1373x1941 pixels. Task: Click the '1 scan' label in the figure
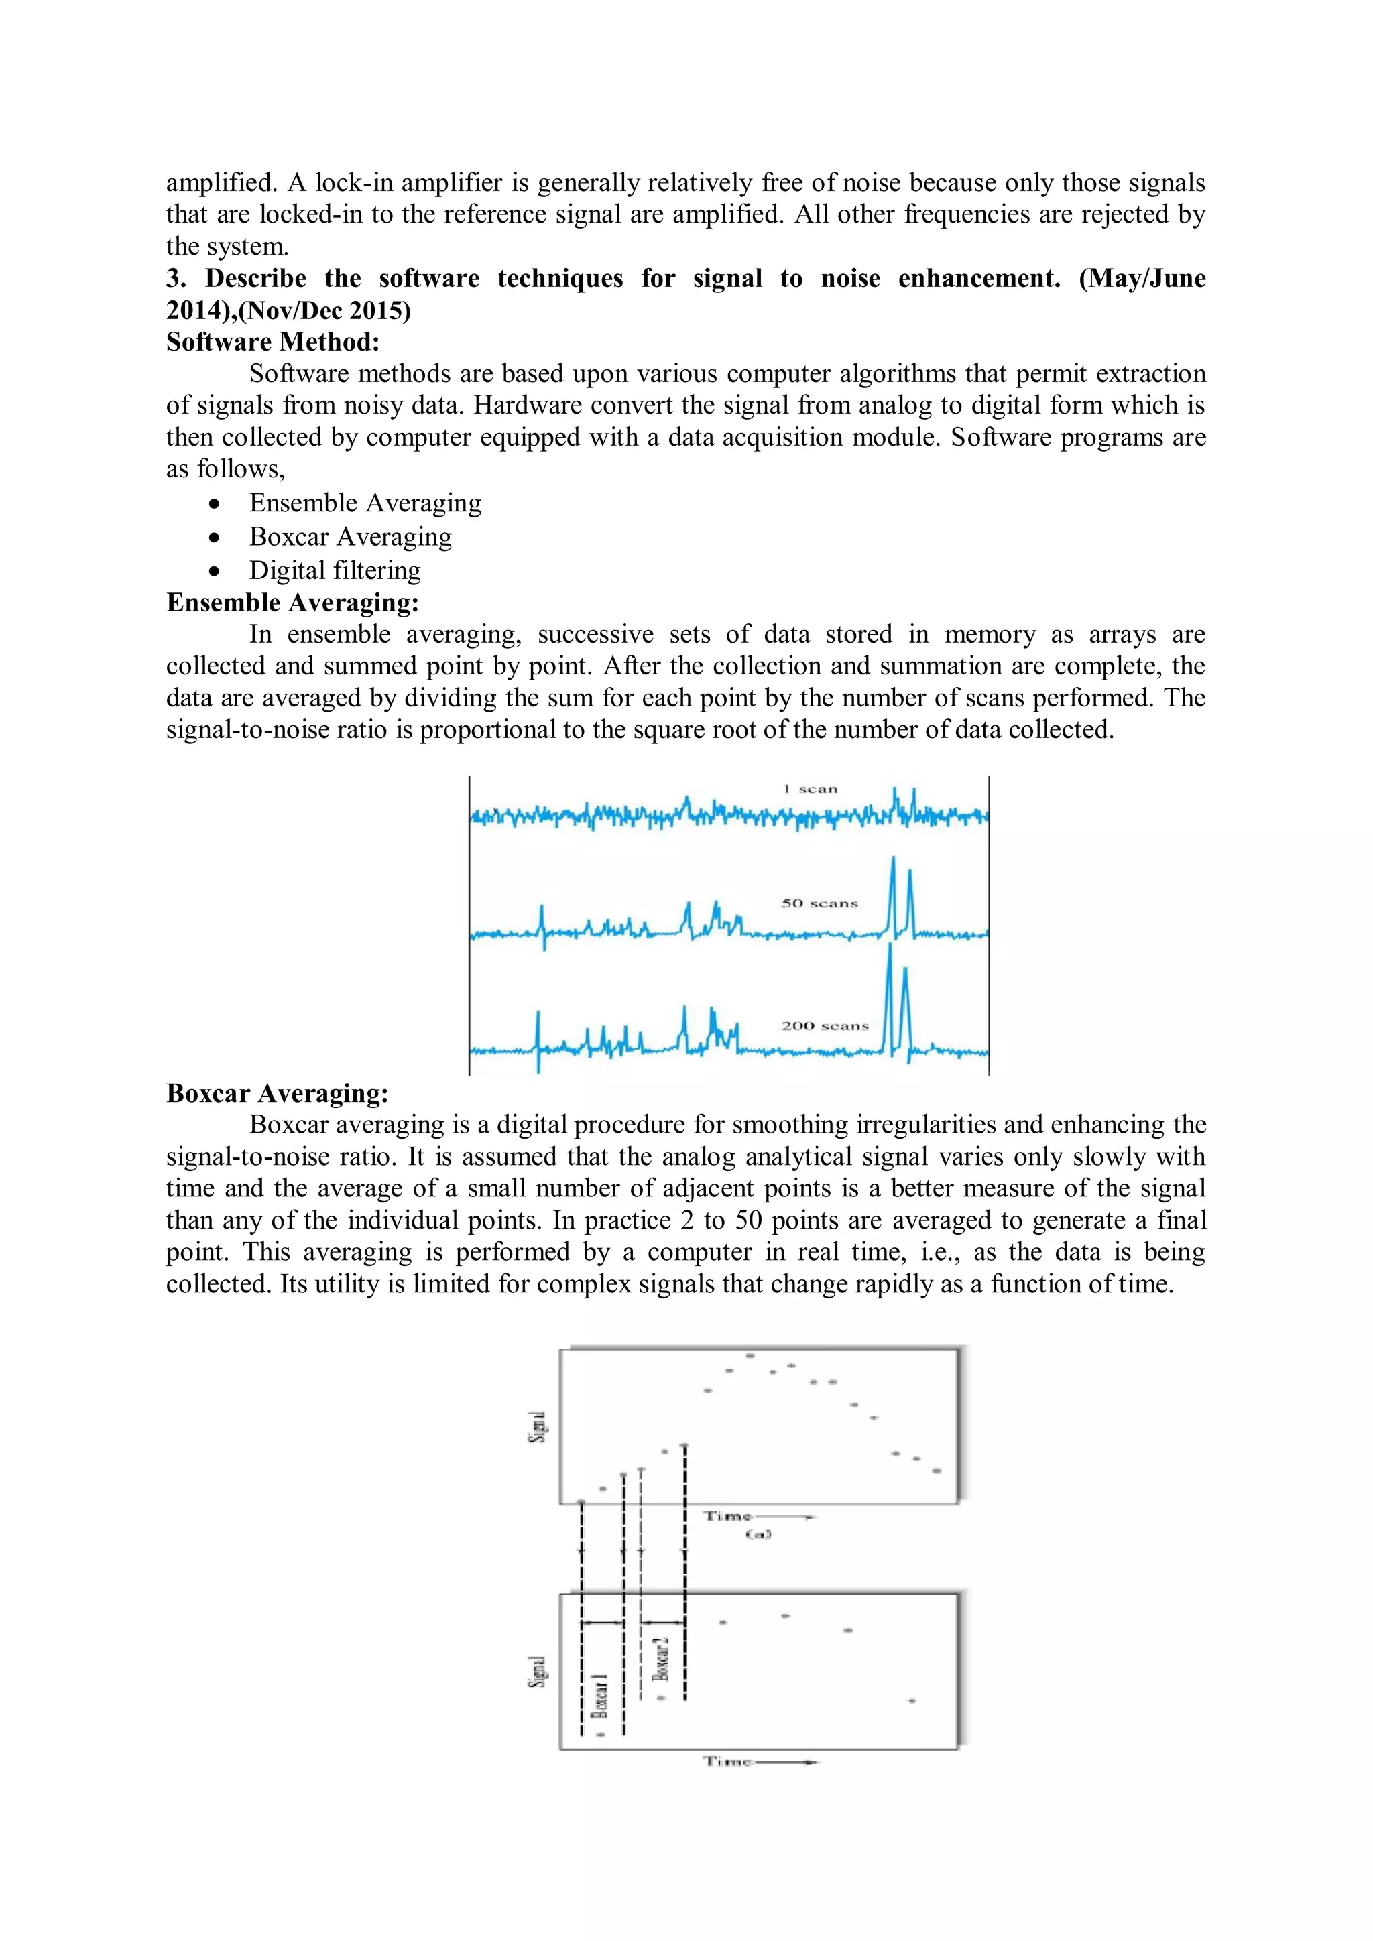click(x=809, y=789)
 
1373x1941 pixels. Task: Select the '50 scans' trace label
click(x=819, y=903)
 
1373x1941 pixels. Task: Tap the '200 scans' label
click(x=825, y=1026)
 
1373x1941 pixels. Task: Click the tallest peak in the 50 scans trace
click(x=893, y=861)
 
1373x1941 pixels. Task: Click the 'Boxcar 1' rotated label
click(x=599, y=1695)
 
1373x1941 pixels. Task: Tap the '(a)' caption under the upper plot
click(x=758, y=1534)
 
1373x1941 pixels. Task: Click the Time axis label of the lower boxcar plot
click(x=728, y=1762)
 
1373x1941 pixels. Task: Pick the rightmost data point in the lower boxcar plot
click(x=911, y=1701)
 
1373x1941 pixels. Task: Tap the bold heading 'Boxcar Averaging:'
click(x=278, y=1093)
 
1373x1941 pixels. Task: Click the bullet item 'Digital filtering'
click(x=335, y=570)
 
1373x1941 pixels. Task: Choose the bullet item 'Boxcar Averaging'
click(x=350, y=537)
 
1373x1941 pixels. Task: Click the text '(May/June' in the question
click(x=1142, y=278)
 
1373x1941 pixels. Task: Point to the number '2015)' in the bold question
click(x=379, y=310)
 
